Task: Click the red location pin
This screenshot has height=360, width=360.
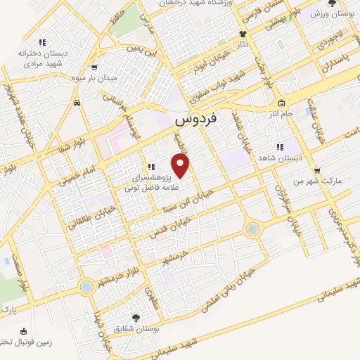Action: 181,166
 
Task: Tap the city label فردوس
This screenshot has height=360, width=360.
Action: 197,120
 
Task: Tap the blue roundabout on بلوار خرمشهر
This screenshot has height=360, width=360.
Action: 86,287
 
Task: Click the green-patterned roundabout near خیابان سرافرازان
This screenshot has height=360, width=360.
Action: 252,229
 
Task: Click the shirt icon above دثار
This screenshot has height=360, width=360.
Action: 243,34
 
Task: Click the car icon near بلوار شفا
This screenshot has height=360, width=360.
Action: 76,103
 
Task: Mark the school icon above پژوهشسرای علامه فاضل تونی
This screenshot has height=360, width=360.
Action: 150,167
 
